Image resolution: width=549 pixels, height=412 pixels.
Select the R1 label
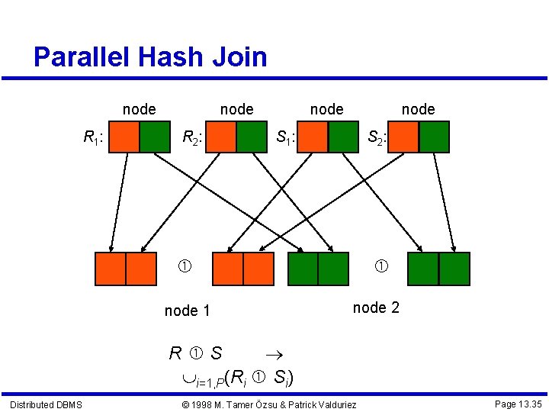94,138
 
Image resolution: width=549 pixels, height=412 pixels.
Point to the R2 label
191,138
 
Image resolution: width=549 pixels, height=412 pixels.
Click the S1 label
285,138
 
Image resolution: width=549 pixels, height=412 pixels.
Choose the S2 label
377,138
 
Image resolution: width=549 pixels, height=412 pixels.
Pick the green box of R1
155,137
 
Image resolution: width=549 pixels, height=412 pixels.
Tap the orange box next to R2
222,137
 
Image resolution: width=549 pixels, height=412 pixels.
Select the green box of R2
252,137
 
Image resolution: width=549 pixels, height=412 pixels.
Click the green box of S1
342,137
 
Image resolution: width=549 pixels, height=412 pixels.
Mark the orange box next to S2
404,137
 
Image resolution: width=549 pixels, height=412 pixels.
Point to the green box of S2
435,137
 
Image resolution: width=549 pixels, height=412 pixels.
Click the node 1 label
187,311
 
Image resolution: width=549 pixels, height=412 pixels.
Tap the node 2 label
376,307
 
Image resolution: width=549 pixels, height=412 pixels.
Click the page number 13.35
518,404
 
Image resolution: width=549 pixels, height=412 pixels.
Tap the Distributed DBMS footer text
46,404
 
